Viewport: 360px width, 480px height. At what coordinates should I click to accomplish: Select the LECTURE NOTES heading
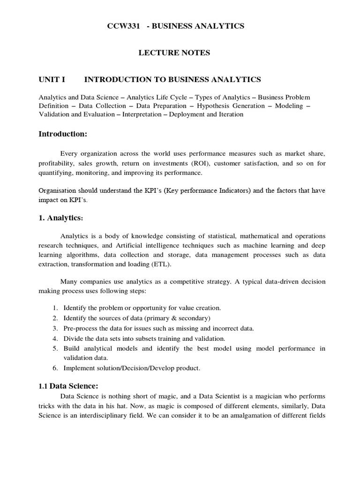[174, 53]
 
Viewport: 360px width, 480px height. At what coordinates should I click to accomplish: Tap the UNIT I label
[52, 80]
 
